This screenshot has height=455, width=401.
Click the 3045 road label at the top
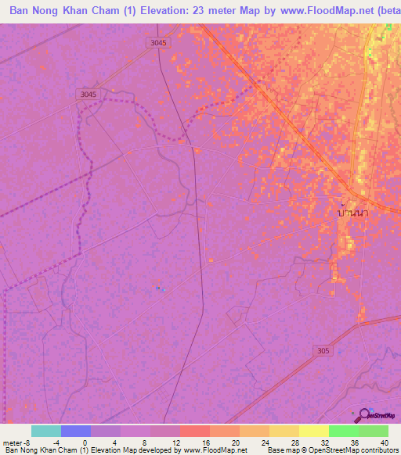click(157, 43)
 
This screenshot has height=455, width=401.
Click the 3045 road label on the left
click(89, 94)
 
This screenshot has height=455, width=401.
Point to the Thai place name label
click(352, 212)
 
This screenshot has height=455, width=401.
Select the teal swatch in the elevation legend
click(46, 431)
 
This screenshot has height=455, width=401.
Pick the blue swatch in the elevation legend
click(76, 431)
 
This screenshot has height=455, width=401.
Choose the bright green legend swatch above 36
click(344, 431)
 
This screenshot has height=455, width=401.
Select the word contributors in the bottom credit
click(378, 450)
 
